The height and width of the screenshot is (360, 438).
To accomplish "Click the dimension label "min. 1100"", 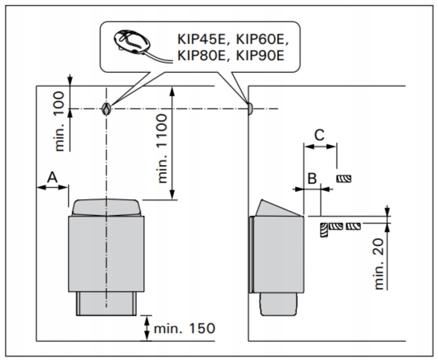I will click(x=163, y=148).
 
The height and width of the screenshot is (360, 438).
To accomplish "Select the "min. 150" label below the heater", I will click(x=184, y=329).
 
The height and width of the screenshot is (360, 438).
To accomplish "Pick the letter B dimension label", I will click(x=312, y=178).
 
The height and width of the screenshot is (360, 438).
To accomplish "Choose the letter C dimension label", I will click(x=319, y=135).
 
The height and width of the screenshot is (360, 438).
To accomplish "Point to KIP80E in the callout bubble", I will click(x=200, y=56).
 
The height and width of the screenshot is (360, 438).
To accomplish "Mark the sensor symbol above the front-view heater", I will click(x=106, y=109).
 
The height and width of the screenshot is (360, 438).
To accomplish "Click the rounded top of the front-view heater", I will click(x=106, y=208).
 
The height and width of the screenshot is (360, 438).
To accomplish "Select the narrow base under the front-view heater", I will click(x=106, y=303).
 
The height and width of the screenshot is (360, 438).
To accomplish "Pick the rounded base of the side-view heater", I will click(x=279, y=304).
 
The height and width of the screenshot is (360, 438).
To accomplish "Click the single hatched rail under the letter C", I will click(x=344, y=178).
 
